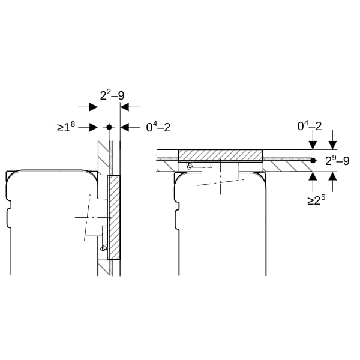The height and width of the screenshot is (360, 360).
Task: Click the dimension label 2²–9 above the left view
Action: (112, 95)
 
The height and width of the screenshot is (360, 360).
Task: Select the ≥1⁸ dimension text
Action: (66, 127)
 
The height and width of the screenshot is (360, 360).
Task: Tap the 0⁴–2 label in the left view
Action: (158, 127)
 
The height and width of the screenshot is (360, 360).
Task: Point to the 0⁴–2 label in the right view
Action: (310, 126)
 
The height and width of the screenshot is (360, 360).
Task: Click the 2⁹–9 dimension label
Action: (337, 161)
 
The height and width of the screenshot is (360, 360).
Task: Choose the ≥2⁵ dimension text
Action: (316, 200)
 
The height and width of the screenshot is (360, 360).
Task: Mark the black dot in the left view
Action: (109, 127)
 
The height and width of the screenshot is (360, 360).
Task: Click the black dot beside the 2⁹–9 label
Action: (313, 161)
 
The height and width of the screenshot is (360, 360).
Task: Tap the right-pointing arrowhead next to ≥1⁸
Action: (94, 127)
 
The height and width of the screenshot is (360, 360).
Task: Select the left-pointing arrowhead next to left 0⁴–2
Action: (125, 127)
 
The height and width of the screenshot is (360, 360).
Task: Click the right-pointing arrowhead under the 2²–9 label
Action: (94, 107)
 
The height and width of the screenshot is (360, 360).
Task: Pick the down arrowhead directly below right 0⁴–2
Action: (313, 145)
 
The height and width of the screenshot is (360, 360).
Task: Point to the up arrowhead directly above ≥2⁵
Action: (313, 176)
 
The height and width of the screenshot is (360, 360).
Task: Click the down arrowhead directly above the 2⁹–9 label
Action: (332, 145)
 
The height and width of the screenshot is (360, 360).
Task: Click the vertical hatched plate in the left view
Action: (113, 217)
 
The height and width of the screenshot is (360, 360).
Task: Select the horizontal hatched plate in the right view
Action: (220, 155)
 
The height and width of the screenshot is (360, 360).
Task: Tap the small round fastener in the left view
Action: (104, 248)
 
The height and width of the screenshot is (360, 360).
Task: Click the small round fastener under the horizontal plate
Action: (190, 165)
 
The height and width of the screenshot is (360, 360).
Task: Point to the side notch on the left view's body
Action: (9, 205)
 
